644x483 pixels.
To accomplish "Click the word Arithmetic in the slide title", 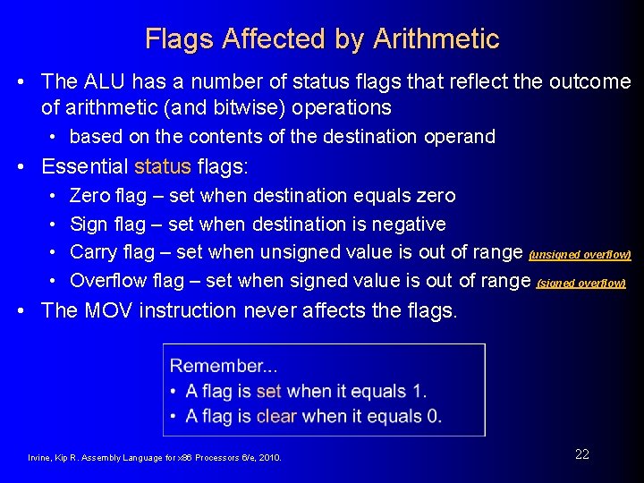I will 436,39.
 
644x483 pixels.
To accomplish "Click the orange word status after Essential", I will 163,166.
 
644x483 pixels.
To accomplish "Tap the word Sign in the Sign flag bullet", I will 89,224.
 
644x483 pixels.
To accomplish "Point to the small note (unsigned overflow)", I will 580,255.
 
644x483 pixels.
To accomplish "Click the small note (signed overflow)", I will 580,284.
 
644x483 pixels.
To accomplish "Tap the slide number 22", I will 582,454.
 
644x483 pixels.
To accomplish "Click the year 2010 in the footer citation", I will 268,458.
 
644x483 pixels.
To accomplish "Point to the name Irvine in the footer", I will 41,458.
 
